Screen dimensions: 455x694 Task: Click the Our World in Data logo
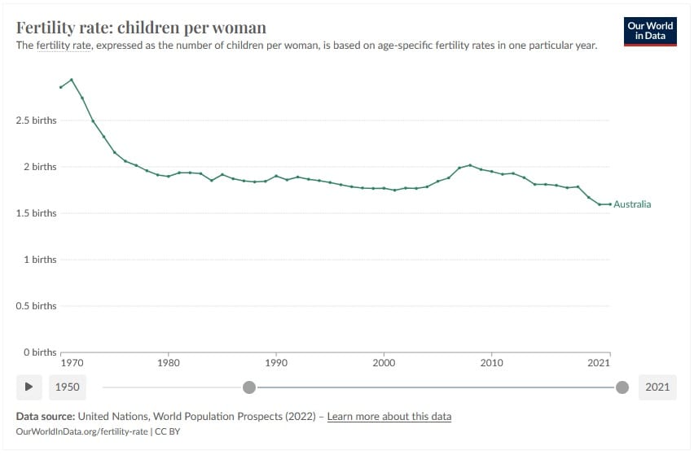pos(651,32)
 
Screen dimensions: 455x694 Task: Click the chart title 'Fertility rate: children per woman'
pos(141,28)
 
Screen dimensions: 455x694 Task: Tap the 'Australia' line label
pos(632,204)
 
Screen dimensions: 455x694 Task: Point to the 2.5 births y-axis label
pos(37,120)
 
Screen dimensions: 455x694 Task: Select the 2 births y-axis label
pos(40,167)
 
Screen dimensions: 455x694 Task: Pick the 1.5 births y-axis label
pos(37,213)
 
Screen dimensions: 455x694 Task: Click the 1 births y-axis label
pos(40,260)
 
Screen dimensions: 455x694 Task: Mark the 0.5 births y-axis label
pos(37,306)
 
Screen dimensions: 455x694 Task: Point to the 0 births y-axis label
pos(40,352)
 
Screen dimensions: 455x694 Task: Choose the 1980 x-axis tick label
pos(169,363)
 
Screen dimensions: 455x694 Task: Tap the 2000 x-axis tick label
pos(384,363)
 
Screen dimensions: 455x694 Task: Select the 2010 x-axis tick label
pos(491,363)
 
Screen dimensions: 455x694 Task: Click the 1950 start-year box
pos(67,387)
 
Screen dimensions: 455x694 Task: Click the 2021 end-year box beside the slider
pos(657,387)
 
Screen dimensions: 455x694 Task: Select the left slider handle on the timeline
pos(249,387)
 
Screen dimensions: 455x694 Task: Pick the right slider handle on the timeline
pos(622,387)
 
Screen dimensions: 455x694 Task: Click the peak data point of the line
pos(72,80)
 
